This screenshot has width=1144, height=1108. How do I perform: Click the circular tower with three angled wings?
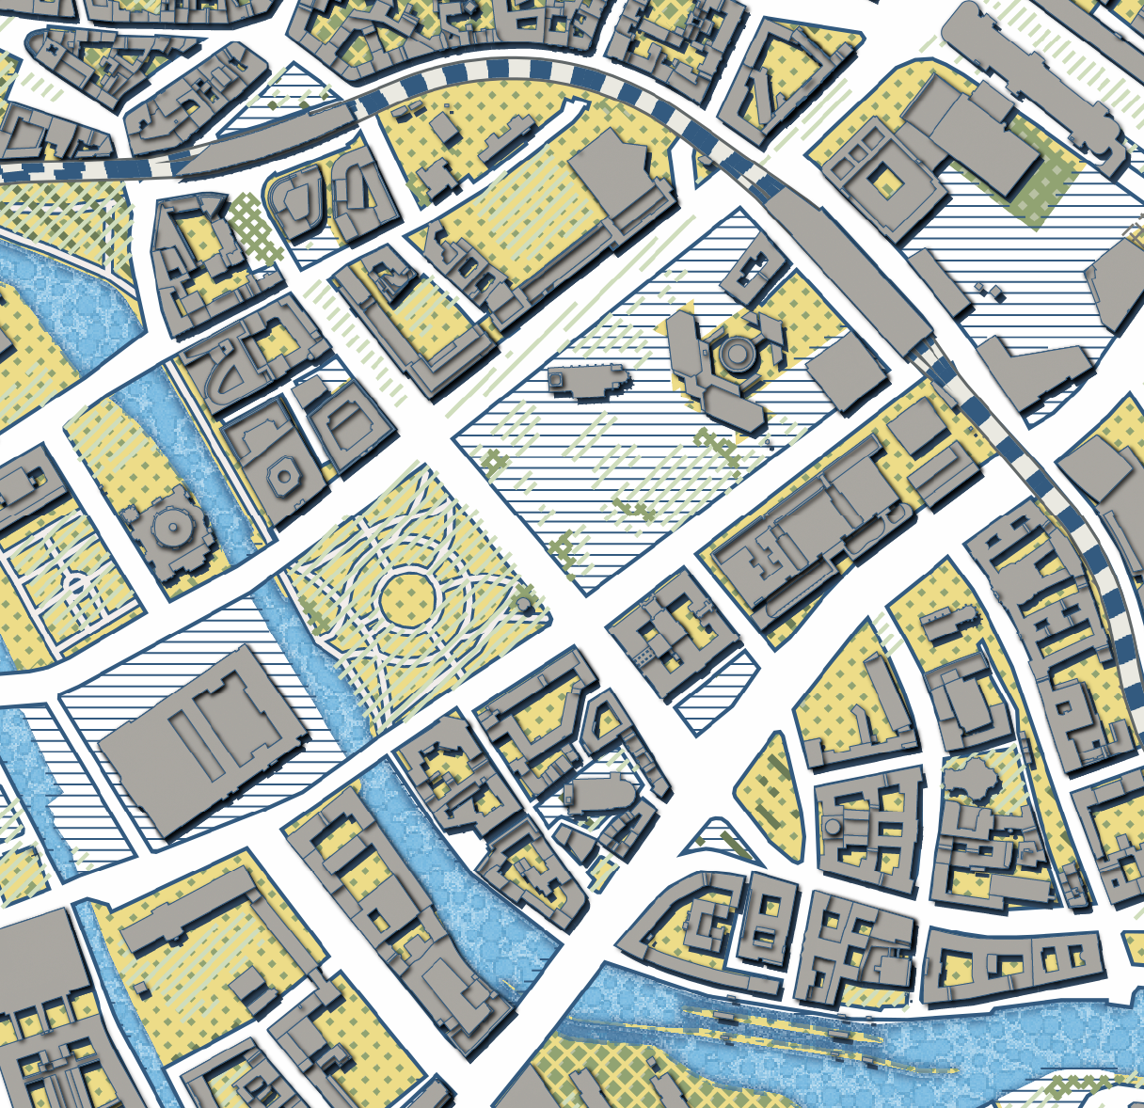pos(733,355)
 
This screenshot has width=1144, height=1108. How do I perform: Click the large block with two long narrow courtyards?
pos(205,737)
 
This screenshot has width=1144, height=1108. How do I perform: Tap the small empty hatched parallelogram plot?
pos(718,692)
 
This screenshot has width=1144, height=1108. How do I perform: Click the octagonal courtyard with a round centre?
pos(283,475)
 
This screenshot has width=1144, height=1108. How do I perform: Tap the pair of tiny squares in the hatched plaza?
pos(988,290)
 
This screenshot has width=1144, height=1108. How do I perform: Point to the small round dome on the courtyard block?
pos(833,827)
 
